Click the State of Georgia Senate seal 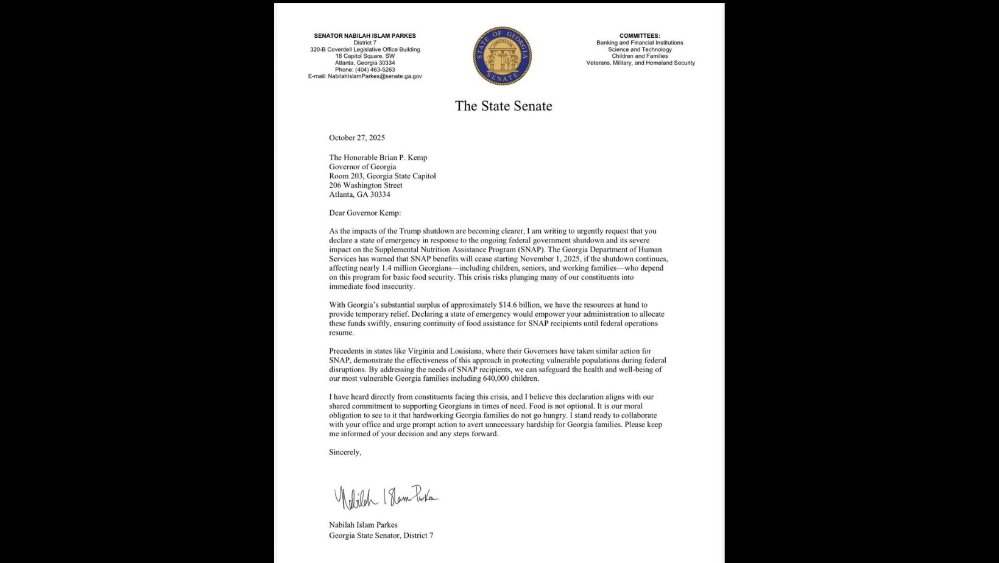pyautogui.click(x=502, y=55)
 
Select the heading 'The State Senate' pyautogui.click(x=503, y=106)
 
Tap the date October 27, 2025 pyautogui.click(x=357, y=138)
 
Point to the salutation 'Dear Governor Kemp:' pyautogui.click(x=365, y=213)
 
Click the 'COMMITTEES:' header pyautogui.click(x=640, y=36)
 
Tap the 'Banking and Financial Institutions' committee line pyautogui.click(x=640, y=43)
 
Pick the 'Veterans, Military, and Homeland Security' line pyautogui.click(x=640, y=63)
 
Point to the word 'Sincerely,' pyautogui.click(x=345, y=452)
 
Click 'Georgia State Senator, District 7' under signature pyautogui.click(x=381, y=536)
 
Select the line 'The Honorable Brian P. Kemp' pyautogui.click(x=378, y=158)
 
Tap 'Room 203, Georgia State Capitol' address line pyautogui.click(x=382, y=176)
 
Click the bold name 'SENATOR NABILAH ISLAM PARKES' pyautogui.click(x=365, y=36)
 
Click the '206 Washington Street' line pyautogui.click(x=365, y=185)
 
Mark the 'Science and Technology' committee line pyautogui.click(x=640, y=49)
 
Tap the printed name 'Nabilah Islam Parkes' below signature pyautogui.click(x=363, y=525)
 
